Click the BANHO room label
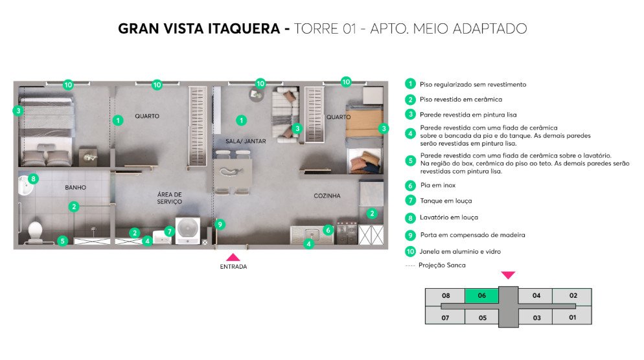click(76, 188)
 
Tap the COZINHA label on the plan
click(327, 196)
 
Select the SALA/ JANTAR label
click(246, 141)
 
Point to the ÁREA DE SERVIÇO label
click(169, 198)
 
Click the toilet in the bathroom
click(35, 232)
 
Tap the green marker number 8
click(33, 179)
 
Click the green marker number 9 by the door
click(220, 225)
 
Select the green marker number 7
click(169, 232)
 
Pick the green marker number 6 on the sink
click(328, 230)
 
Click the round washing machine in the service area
click(188, 231)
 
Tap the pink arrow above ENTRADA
click(233, 258)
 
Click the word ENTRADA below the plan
click(233, 267)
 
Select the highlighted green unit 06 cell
click(482, 295)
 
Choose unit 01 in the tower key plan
click(573, 317)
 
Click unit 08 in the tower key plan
click(446, 295)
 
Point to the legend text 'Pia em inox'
click(438, 186)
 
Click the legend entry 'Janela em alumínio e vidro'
click(460, 252)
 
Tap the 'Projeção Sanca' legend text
click(442, 265)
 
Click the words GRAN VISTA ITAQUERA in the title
click(199, 28)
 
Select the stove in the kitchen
click(347, 232)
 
